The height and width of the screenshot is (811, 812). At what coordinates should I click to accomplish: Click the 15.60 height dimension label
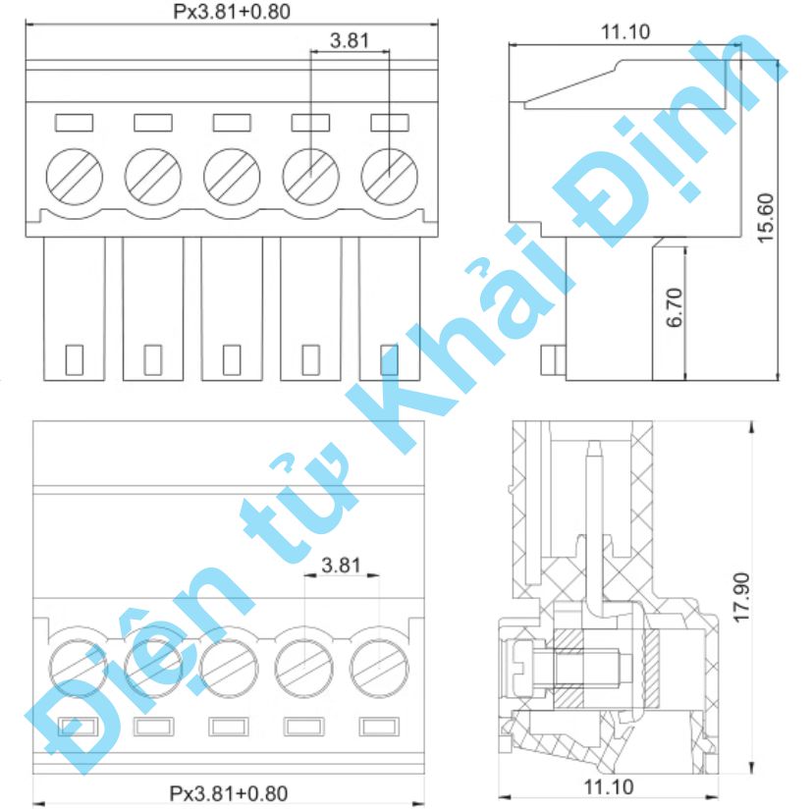[x=767, y=216]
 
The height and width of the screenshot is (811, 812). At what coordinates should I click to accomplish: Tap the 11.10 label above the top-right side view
[x=625, y=31]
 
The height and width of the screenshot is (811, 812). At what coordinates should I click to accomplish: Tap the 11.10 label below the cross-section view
[x=609, y=786]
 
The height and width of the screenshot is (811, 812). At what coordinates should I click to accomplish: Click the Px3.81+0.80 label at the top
[x=232, y=12]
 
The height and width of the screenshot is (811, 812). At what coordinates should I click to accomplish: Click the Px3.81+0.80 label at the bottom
[x=229, y=792]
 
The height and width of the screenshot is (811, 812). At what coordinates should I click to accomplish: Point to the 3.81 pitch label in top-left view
[x=350, y=41]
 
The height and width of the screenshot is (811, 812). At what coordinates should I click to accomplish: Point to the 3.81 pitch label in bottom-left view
[x=342, y=565]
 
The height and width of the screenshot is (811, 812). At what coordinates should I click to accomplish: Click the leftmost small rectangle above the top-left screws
[x=75, y=123]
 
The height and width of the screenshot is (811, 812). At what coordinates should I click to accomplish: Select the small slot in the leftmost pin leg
[x=75, y=359]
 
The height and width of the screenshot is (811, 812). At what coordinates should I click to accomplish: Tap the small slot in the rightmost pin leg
[x=389, y=359]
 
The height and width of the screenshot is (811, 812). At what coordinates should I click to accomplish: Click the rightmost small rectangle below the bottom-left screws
[x=380, y=727]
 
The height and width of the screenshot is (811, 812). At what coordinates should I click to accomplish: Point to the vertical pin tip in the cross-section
[x=592, y=452]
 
